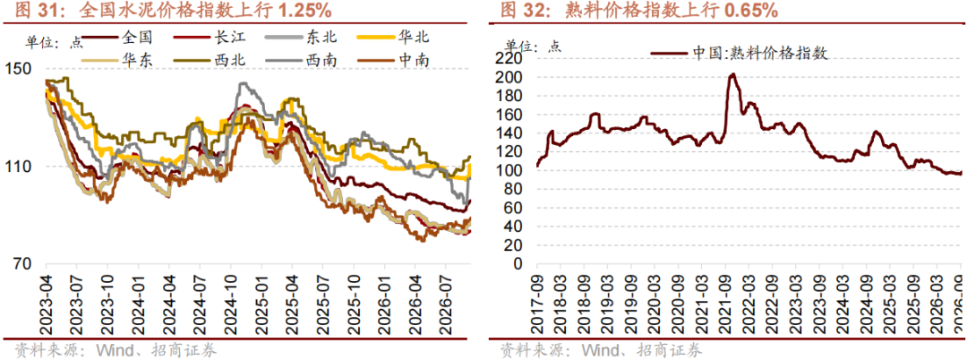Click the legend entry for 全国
(117, 38)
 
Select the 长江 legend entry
(210, 38)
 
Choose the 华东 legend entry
(117, 60)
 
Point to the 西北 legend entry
(210, 60)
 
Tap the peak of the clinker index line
(732, 74)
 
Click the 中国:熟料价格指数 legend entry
(738, 53)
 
